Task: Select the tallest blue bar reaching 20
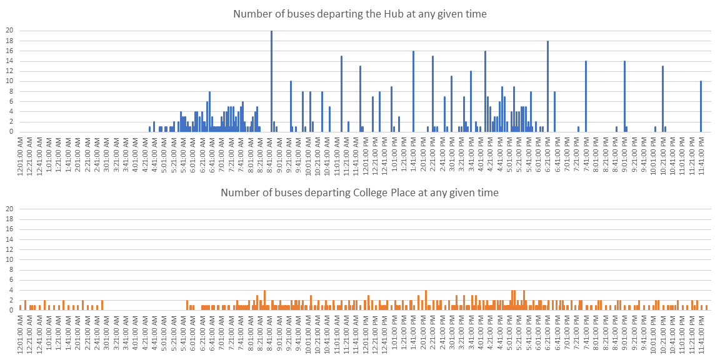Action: pos(271,81)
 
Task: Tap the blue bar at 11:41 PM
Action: pos(701,106)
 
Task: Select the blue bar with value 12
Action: pos(471,101)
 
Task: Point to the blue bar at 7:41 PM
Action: pos(586,96)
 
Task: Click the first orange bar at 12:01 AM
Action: pos(20,307)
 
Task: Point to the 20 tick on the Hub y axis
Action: pos(9,31)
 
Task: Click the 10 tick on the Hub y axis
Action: pos(9,81)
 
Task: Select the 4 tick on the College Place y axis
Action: pos(11,289)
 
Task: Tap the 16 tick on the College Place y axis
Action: pos(9,229)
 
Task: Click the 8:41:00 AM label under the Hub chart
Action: pos(269,151)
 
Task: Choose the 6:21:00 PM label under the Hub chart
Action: pos(547,151)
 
